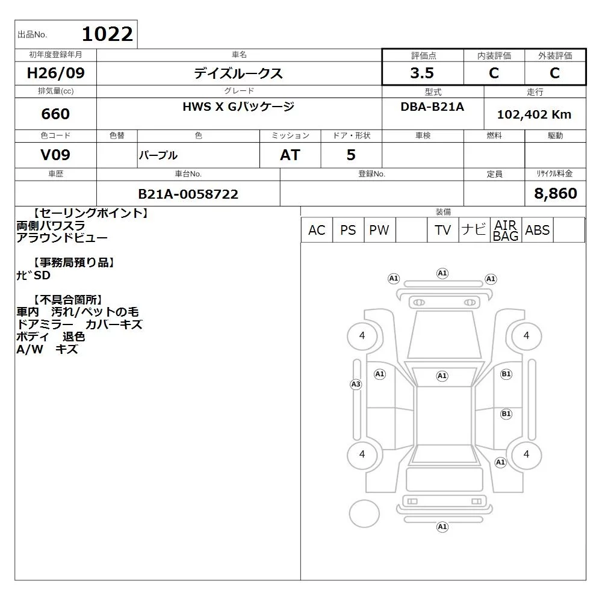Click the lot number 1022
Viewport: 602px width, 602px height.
click(x=108, y=34)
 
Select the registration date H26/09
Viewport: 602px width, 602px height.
click(x=55, y=73)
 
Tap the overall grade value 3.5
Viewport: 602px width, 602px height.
click(x=422, y=73)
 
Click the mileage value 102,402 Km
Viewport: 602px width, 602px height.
click(x=534, y=114)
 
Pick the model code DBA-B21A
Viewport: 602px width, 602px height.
click(x=432, y=107)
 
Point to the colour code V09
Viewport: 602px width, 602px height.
click(x=55, y=155)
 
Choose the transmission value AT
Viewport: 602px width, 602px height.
click(x=290, y=155)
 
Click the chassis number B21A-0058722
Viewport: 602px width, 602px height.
click(x=188, y=194)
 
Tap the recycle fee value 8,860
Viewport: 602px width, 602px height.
click(x=556, y=193)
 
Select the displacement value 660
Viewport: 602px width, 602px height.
click(x=55, y=114)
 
